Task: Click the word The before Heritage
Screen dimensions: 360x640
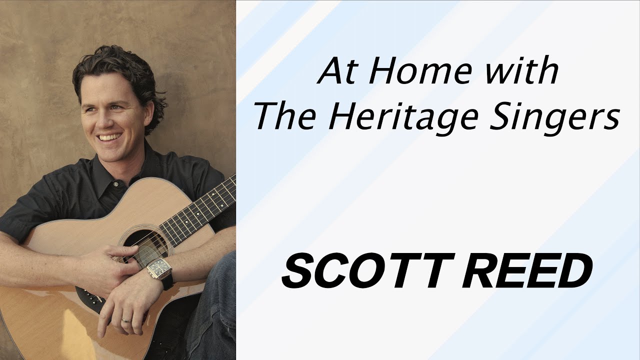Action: pos(287,118)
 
